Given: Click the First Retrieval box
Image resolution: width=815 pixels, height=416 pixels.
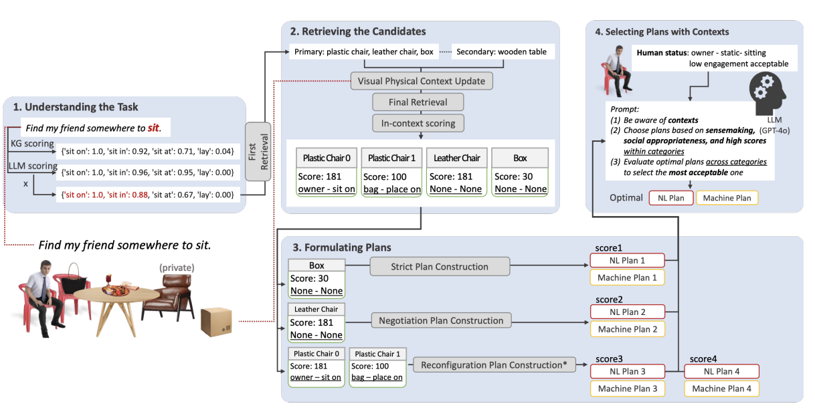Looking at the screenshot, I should tap(257, 151).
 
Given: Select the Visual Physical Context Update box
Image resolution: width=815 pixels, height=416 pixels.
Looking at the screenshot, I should tap(422, 81).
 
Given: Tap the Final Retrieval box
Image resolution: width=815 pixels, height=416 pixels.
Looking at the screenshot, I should tap(418, 102).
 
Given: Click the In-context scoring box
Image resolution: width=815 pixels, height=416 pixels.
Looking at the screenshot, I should tap(418, 123).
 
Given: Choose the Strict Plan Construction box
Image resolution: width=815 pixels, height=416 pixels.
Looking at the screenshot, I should tap(440, 266).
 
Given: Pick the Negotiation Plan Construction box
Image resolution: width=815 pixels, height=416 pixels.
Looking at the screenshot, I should tap(441, 320).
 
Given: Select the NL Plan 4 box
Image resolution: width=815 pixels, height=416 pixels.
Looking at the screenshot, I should tap(722, 371).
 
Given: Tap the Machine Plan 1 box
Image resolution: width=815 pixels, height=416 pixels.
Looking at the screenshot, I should tap(627, 277).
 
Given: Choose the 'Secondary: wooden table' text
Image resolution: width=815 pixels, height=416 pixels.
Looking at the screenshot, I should tap(502, 51).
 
